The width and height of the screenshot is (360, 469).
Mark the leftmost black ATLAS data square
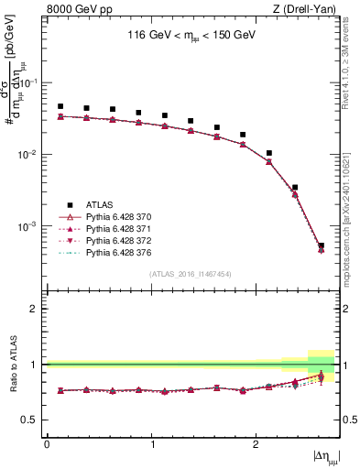pos(60,106)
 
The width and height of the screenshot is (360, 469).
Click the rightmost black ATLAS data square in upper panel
pos(321,245)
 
